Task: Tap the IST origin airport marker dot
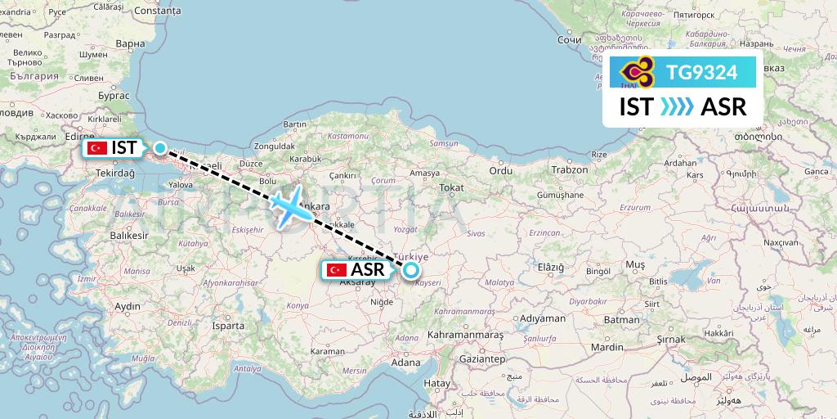click(x=161, y=149)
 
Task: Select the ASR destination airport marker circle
click(x=410, y=269)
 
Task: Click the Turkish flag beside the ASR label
click(x=335, y=269)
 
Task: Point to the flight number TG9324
click(x=702, y=73)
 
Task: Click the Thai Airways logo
click(x=638, y=73)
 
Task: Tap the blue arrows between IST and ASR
click(x=676, y=107)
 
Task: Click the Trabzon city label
click(x=570, y=170)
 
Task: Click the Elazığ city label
click(x=550, y=268)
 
